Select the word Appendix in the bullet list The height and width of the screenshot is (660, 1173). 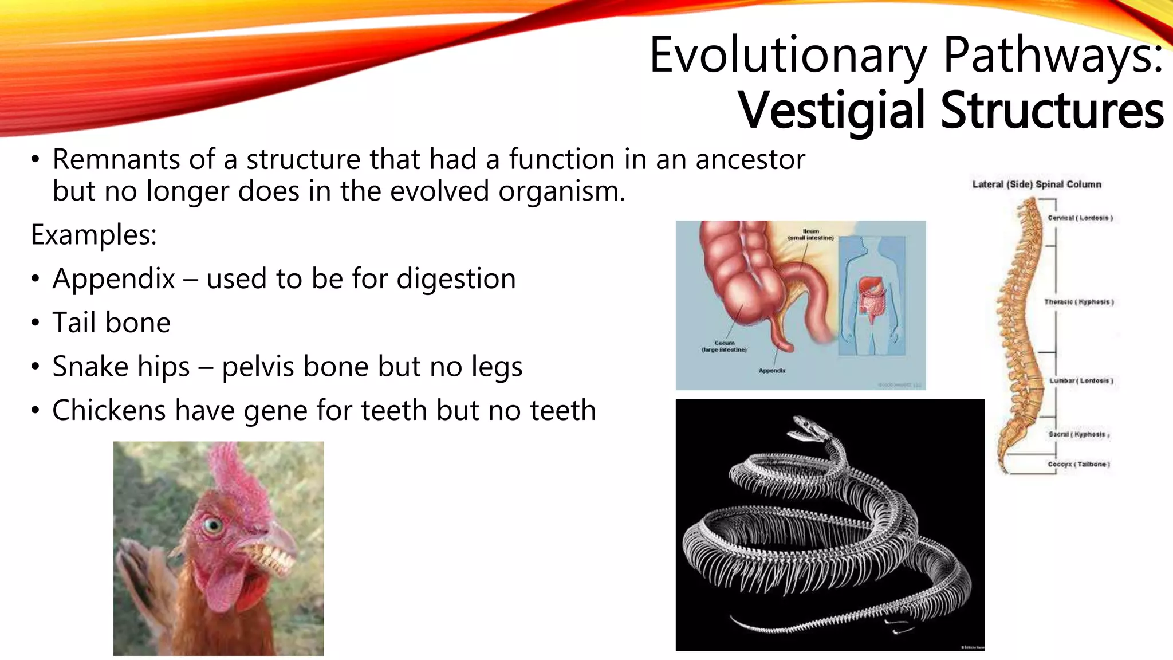pos(113,280)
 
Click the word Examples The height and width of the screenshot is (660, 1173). pos(93,235)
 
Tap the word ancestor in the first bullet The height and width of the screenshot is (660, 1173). pos(750,159)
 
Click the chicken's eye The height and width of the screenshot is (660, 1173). pos(212,525)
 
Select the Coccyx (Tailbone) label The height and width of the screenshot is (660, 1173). pos(1078,464)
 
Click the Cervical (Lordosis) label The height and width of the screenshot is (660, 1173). pos(1080,218)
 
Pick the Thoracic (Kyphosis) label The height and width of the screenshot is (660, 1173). pos(1078,302)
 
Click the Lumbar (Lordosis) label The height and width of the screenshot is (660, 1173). pos(1081,380)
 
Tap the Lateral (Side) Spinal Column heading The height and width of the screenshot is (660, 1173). pos(1037,184)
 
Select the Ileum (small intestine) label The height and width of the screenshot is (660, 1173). pos(810,234)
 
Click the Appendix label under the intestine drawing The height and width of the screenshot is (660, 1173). pos(772,371)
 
